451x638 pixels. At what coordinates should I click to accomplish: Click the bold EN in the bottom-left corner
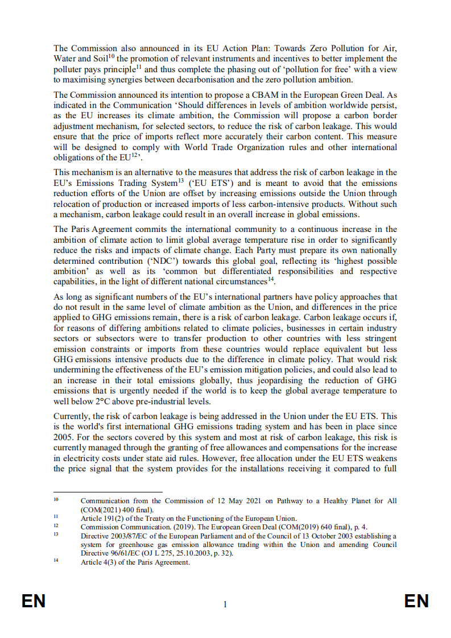click(x=34, y=601)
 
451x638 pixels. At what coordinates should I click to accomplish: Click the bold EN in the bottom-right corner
click(x=416, y=601)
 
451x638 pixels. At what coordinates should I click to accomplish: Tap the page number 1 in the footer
click(x=225, y=604)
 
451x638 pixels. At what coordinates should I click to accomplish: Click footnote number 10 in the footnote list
click(x=56, y=500)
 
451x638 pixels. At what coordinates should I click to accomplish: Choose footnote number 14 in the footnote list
click(x=56, y=562)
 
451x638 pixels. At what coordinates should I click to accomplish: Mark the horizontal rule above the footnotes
click(x=107, y=492)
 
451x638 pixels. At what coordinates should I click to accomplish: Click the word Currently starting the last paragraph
click(x=73, y=416)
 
